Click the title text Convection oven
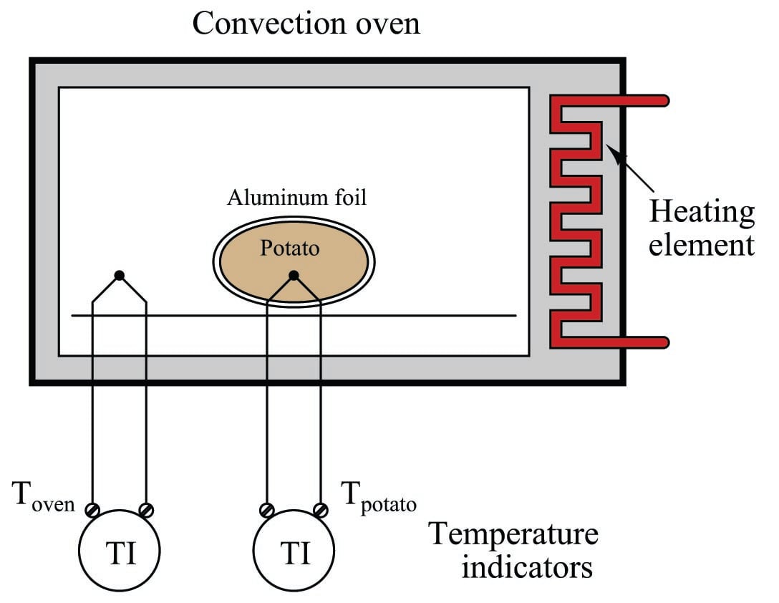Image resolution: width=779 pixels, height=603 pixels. [306, 24]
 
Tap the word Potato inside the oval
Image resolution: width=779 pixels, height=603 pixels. [289, 249]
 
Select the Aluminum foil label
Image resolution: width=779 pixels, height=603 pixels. [296, 198]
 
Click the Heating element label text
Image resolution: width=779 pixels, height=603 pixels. [701, 228]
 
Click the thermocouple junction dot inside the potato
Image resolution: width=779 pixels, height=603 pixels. [294, 275]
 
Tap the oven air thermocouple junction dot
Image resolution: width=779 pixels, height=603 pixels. [120, 275]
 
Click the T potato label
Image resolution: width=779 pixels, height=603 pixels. [378, 496]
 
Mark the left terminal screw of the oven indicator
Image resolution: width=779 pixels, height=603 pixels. [93, 510]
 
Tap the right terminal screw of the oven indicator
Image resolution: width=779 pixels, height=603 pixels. [146, 510]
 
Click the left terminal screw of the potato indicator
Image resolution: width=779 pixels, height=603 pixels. [267, 510]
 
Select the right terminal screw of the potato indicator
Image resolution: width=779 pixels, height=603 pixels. [321, 510]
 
